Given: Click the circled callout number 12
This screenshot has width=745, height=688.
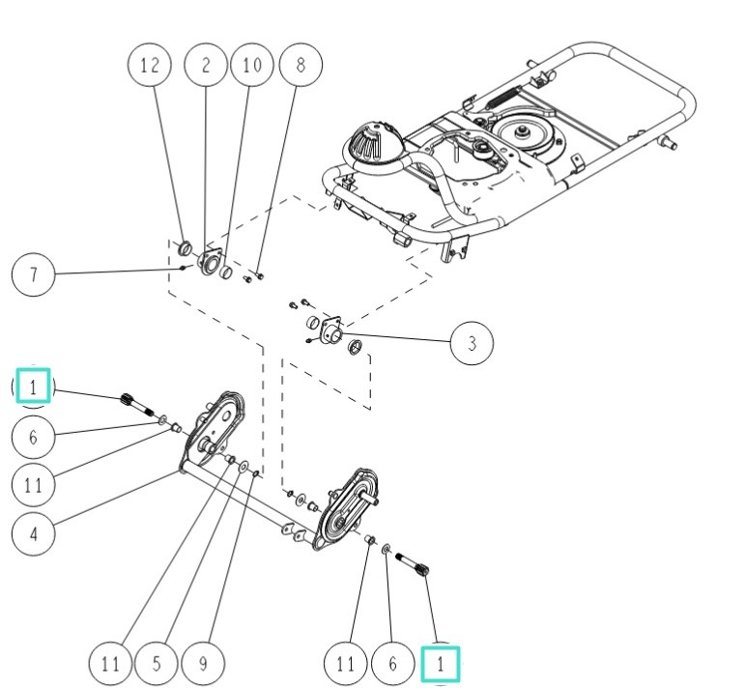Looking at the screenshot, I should tap(149, 66).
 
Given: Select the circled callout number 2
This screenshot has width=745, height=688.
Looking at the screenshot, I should tap(205, 66).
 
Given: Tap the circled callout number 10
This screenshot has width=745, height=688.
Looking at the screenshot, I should tap(251, 66).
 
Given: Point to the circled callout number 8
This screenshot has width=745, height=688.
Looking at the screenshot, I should tap(301, 66).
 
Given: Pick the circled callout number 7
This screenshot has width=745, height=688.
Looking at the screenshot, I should tap(33, 274).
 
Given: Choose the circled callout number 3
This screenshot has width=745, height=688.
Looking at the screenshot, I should tap(472, 343).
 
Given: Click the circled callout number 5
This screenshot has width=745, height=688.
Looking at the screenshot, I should tap(158, 664).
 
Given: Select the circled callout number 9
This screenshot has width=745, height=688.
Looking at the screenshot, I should tap(204, 664).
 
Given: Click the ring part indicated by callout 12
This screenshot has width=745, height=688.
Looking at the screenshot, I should tap(185, 252).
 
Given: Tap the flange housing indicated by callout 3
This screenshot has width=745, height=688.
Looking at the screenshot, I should tap(334, 332).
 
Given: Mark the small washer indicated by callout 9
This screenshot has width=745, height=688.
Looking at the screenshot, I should tap(254, 473).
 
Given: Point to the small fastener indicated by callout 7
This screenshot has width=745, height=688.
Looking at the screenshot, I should tap(169, 268).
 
